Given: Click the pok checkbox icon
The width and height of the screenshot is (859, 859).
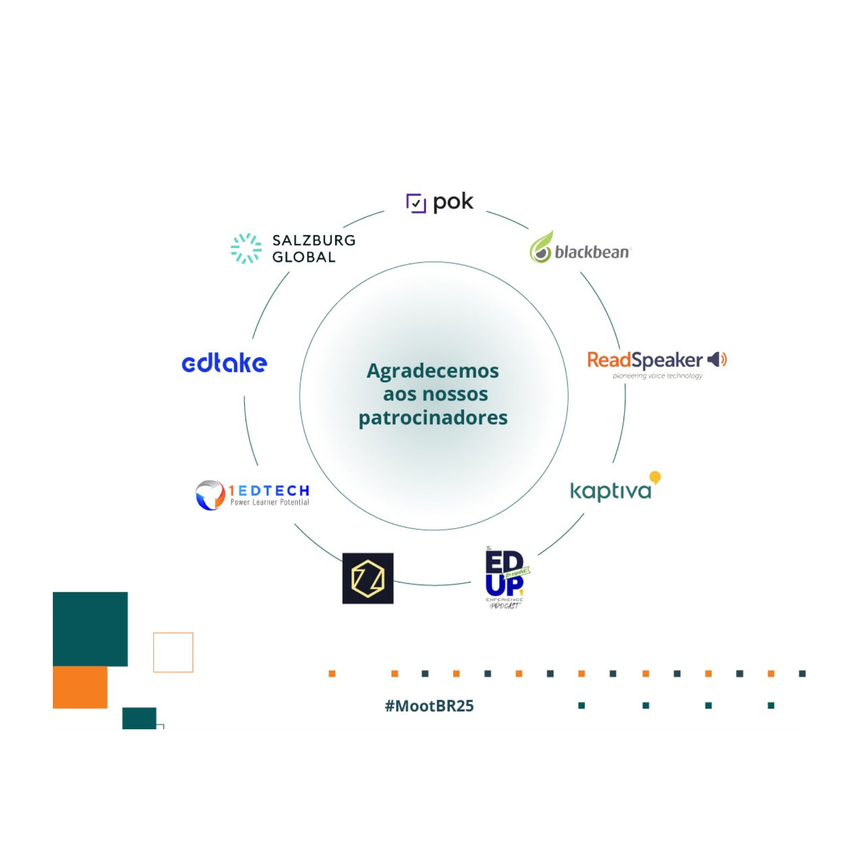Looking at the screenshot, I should pyautogui.click(x=416, y=204).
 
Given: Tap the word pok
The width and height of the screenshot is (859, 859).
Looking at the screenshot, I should pyautogui.click(x=453, y=202).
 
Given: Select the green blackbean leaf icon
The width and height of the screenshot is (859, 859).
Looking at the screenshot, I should pyautogui.click(x=541, y=247).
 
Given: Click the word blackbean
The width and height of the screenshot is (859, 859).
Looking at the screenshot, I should pyautogui.click(x=592, y=253).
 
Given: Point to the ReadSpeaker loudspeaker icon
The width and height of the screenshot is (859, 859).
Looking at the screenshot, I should pyautogui.click(x=716, y=359).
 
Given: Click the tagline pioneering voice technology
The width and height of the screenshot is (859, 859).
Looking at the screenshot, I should pyautogui.click(x=657, y=376).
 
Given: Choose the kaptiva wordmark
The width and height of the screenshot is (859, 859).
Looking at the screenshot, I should pyautogui.click(x=610, y=491).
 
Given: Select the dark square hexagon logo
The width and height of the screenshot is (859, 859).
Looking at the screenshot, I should pyautogui.click(x=368, y=578).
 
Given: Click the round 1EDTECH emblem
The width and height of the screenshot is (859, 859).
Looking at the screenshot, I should pyautogui.click(x=210, y=495).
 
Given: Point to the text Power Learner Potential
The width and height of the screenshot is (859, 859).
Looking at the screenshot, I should pyautogui.click(x=269, y=503).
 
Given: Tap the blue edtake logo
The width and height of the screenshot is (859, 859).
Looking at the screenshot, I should pyautogui.click(x=225, y=363).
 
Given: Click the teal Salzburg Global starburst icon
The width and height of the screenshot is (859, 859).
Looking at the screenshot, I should pyautogui.click(x=246, y=248).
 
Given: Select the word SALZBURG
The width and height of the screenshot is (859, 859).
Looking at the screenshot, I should pyautogui.click(x=314, y=241).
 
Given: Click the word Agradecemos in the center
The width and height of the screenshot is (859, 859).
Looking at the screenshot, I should pyautogui.click(x=432, y=371).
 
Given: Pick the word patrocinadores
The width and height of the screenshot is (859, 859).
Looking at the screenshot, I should pyautogui.click(x=433, y=417).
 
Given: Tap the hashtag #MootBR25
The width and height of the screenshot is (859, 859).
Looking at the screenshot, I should pyautogui.click(x=429, y=706).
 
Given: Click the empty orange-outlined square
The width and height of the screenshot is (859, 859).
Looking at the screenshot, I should pyautogui.click(x=173, y=652).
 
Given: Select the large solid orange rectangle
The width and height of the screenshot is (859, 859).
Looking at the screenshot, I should pyautogui.click(x=80, y=687).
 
